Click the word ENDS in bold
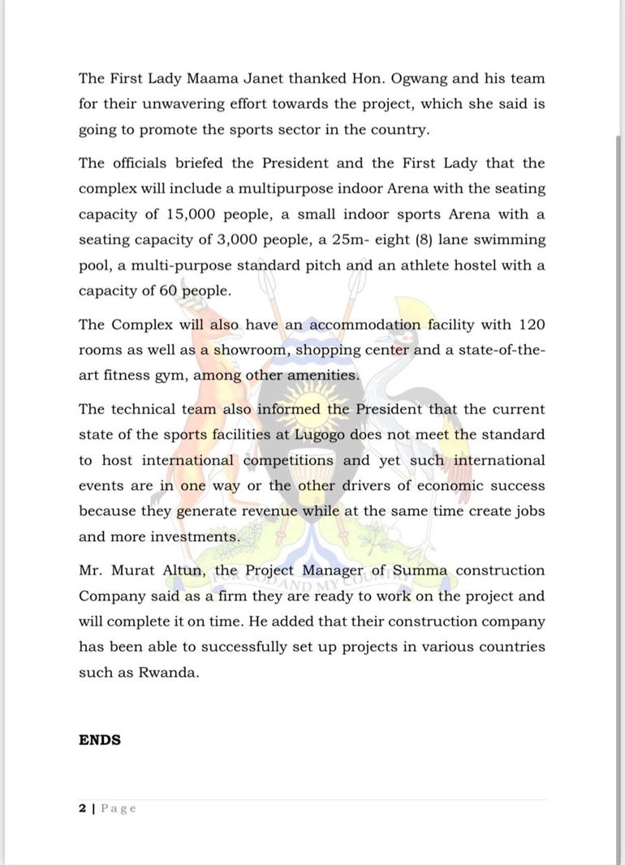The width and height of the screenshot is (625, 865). [x=100, y=740]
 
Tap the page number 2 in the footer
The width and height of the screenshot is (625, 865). [x=82, y=808]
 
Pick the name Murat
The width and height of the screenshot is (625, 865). [x=140, y=570]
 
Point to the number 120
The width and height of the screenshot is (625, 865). [x=530, y=325]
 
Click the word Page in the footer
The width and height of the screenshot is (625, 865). [x=119, y=808]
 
